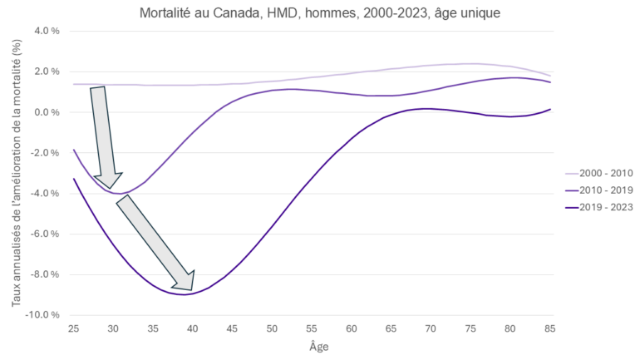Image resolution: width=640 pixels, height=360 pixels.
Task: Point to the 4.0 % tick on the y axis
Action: click(47, 32)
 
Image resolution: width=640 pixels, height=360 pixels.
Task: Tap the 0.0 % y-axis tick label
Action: click(47, 112)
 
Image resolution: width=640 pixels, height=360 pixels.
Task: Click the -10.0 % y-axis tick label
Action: click(43, 315)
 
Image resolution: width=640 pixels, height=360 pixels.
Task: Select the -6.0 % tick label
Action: click(45, 234)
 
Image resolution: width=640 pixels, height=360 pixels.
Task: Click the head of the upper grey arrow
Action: click(111, 185)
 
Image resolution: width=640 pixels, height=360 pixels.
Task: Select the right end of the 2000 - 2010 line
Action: click(549, 76)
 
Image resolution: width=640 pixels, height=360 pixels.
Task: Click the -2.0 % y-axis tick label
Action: click(45, 153)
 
